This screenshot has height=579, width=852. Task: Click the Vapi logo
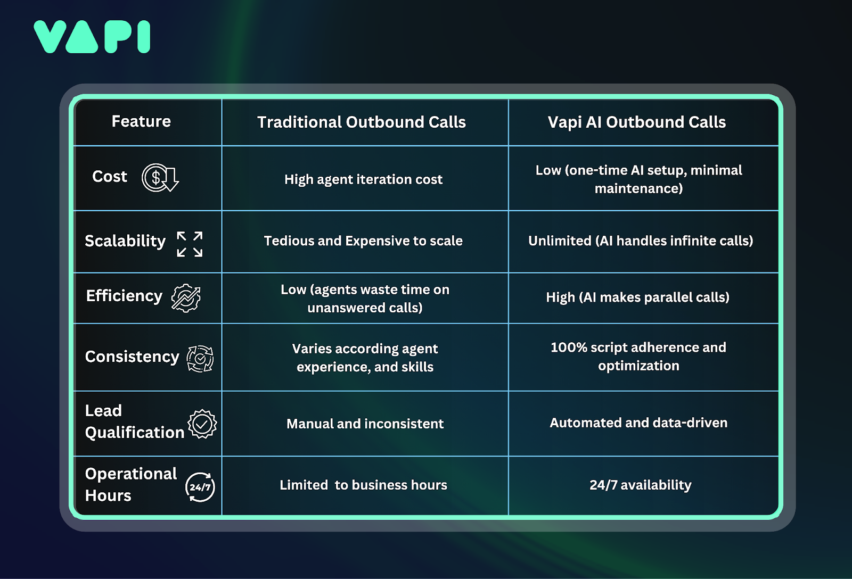point(92,37)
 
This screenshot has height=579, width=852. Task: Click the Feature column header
point(141,121)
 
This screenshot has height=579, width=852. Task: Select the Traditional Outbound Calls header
point(361,122)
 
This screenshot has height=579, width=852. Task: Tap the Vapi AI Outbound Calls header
point(636,122)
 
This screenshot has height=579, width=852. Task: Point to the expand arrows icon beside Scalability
point(190,244)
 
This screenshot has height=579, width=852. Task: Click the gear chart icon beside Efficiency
point(186,298)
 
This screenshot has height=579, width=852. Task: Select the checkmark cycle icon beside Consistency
point(200,358)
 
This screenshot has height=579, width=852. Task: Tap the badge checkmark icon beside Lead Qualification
point(202,424)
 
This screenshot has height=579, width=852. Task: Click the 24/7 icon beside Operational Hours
point(200,487)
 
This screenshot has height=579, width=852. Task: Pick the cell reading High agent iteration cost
point(363,179)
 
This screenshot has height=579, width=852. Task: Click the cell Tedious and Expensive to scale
point(363,241)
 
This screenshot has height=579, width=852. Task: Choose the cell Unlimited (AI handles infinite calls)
point(640,241)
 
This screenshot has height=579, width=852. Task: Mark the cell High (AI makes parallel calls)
point(637,297)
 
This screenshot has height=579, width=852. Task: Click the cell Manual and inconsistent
point(365,424)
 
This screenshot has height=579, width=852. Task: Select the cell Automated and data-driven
point(638,423)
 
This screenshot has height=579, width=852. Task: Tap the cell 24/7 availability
point(640,485)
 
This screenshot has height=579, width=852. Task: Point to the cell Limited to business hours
point(363,485)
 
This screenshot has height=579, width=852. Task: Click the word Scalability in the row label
point(125,241)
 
